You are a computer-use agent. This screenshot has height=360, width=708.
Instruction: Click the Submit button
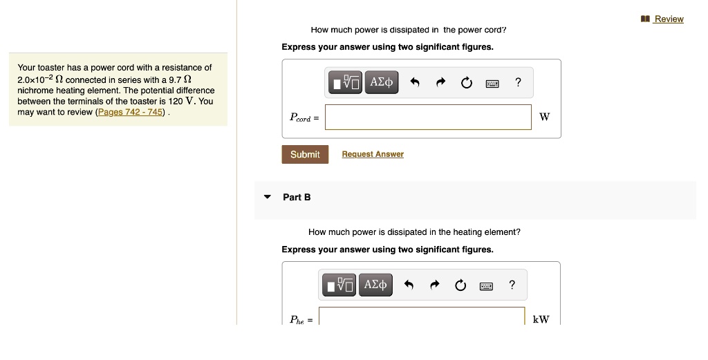pyautogui.click(x=305, y=154)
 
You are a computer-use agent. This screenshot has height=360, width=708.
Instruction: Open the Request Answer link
pyautogui.click(x=373, y=154)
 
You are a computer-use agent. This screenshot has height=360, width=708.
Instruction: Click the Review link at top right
pyautogui.click(x=668, y=19)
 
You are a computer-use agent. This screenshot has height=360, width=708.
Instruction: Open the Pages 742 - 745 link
pyautogui.click(x=131, y=112)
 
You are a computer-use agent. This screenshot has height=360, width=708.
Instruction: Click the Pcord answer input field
pyautogui.click(x=428, y=117)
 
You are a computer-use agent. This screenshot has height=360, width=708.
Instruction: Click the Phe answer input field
pyautogui.click(x=422, y=317)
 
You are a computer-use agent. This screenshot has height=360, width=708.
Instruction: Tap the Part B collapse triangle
pyautogui.click(x=268, y=197)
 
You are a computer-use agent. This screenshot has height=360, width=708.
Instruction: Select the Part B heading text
pyautogui.click(x=297, y=197)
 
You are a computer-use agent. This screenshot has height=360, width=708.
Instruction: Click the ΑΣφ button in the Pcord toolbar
pyautogui.click(x=382, y=83)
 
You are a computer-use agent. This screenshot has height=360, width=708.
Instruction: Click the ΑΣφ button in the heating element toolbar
pyautogui.click(x=375, y=285)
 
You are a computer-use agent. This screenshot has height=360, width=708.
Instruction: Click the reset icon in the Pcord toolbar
pyautogui.click(x=466, y=84)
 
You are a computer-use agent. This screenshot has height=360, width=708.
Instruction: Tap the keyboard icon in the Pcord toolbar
pyautogui.click(x=492, y=84)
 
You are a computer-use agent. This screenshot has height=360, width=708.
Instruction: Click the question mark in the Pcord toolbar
pyautogui.click(x=518, y=83)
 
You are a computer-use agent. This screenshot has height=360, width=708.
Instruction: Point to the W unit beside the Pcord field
pyautogui.click(x=544, y=117)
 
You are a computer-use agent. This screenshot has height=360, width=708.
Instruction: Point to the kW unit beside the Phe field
pyautogui.click(x=541, y=319)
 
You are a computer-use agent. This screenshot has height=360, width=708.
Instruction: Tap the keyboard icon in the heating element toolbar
pyautogui.click(x=486, y=285)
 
